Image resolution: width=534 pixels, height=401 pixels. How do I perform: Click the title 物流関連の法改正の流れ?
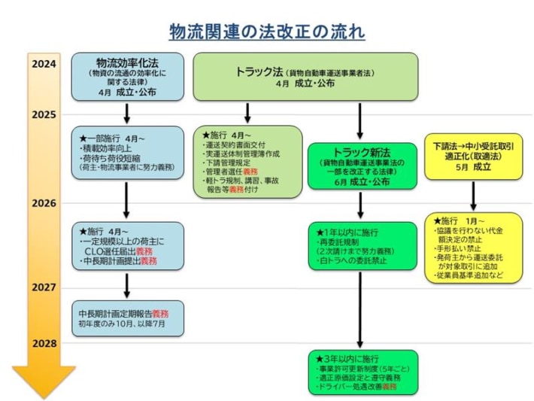[x=266, y=32]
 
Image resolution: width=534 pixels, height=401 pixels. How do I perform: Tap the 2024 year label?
[x=44, y=64]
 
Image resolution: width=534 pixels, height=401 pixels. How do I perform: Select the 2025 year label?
[x=44, y=114]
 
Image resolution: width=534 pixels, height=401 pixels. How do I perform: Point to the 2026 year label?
[x=44, y=203]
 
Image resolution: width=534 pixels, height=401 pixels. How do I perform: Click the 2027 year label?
[x=44, y=287]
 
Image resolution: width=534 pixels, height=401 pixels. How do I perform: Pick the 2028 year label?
[x=44, y=342]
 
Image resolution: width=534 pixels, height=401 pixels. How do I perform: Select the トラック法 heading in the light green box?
[x=256, y=72]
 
